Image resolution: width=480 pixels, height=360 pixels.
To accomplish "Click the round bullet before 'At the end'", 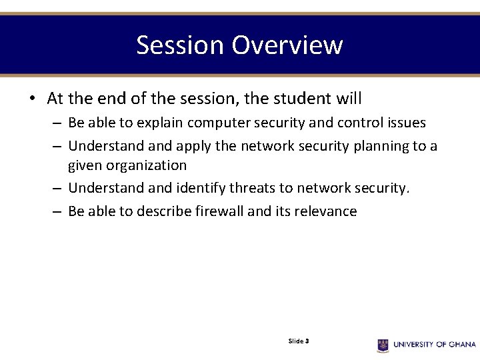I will click(32, 99).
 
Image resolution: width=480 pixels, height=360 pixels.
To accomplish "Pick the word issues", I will click(405, 123).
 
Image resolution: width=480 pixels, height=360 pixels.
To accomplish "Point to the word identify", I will click(199, 189).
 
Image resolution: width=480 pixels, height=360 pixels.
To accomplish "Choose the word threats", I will click(254, 189).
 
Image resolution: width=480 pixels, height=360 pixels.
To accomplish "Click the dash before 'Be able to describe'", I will click(56, 212).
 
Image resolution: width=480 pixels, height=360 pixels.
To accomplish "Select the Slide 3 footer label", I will click(299, 341).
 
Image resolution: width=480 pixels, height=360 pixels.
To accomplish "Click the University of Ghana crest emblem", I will click(383, 345).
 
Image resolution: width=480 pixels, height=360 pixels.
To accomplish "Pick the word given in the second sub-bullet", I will click(84, 165).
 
